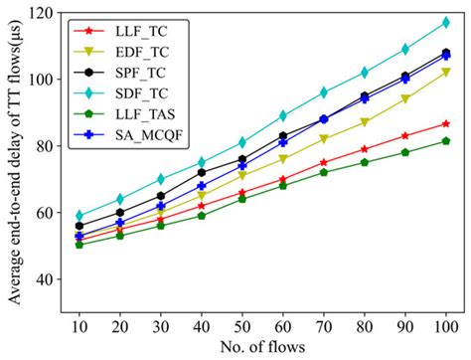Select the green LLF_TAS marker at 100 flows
[x=446, y=140]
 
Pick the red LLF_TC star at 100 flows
[x=446, y=123]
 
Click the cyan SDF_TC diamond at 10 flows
[x=79, y=215]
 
